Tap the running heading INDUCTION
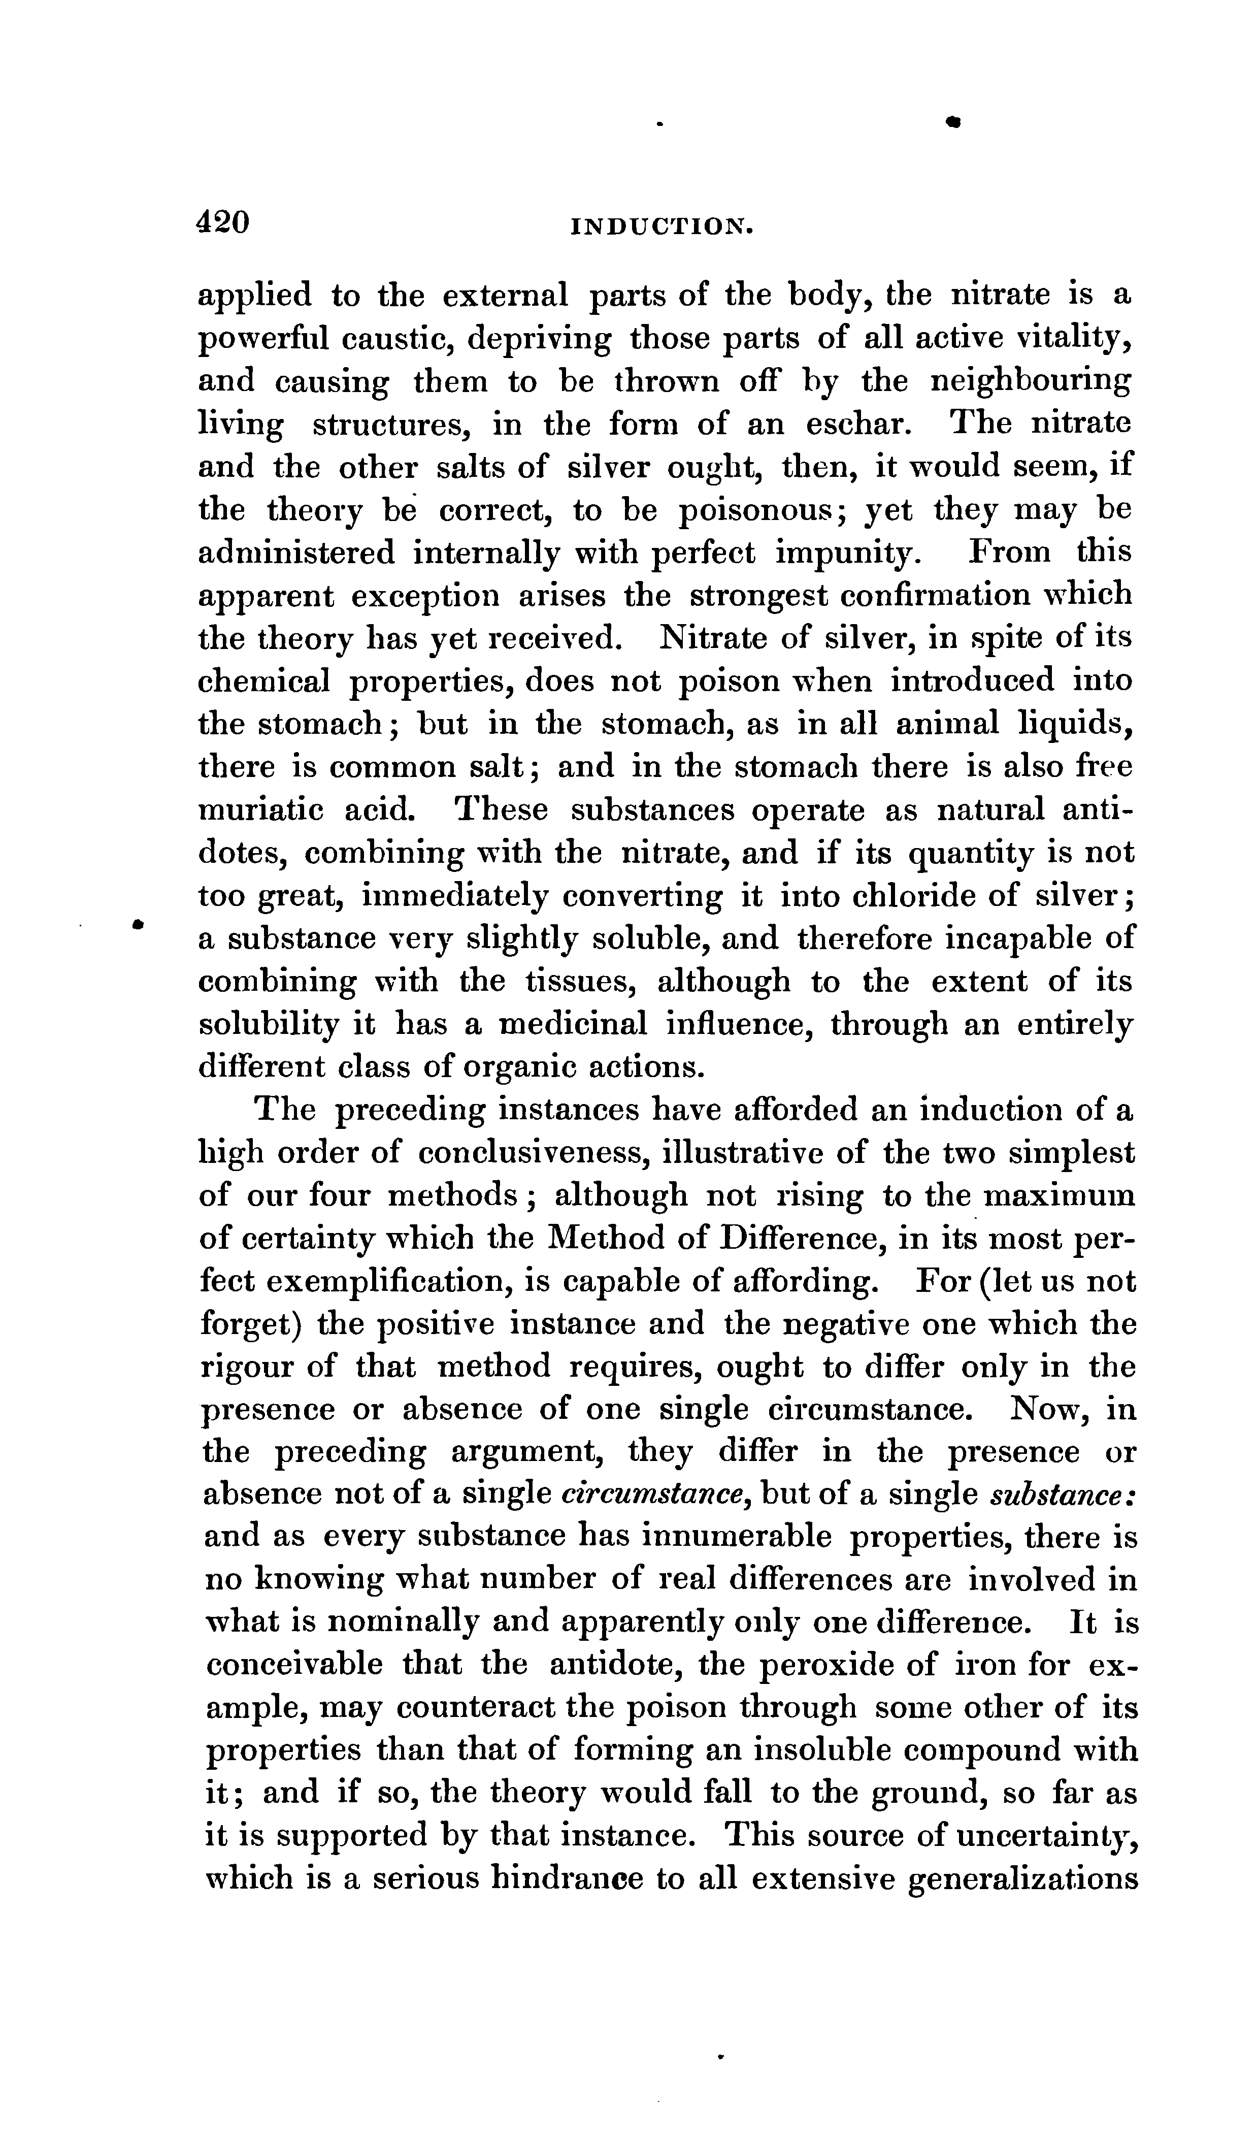coord(665,226)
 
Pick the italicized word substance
coord(1063,1495)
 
